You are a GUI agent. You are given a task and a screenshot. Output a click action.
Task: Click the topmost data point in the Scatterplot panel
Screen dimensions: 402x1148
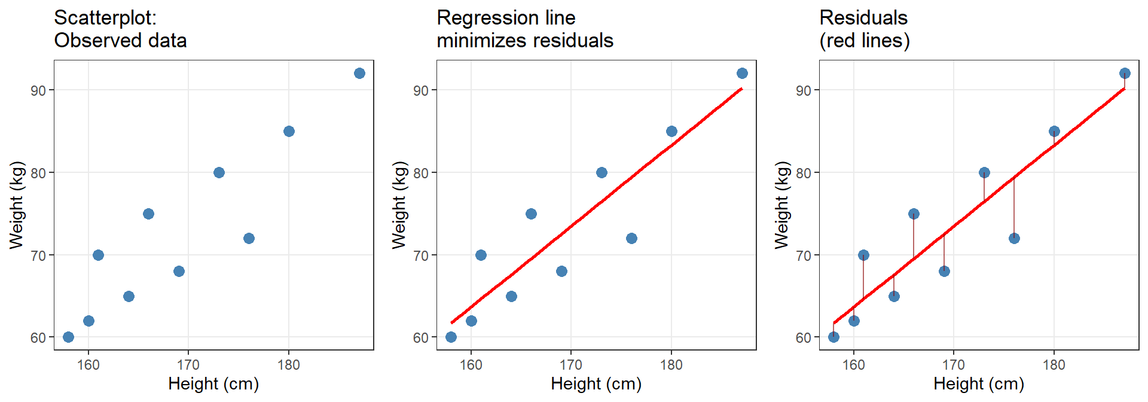(x=359, y=74)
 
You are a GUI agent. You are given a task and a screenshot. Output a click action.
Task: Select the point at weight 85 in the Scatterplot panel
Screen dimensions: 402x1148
(x=289, y=131)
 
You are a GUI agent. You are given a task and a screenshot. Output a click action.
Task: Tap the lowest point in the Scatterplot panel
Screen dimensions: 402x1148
(x=68, y=337)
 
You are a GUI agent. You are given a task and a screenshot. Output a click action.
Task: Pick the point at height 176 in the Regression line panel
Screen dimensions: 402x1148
(x=631, y=238)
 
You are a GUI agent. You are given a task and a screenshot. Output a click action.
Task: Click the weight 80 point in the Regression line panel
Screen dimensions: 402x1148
(x=602, y=172)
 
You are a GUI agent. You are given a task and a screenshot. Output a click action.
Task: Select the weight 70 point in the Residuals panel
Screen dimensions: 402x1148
(x=863, y=255)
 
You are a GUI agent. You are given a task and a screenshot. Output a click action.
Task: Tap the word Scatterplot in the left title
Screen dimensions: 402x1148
(x=105, y=18)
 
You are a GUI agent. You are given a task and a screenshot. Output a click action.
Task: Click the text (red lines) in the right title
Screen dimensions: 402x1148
(x=865, y=41)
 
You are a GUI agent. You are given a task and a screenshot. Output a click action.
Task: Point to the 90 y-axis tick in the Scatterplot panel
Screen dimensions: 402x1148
(x=38, y=90)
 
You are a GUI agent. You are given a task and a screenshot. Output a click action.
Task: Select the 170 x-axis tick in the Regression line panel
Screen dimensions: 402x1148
(x=571, y=365)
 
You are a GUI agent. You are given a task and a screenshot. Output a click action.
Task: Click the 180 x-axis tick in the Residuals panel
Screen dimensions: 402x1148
(x=1054, y=365)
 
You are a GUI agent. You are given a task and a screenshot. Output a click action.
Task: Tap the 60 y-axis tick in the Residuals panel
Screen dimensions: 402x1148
(x=804, y=337)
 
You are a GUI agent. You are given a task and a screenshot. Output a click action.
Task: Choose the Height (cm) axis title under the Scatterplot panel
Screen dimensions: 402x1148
(x=213, y=383)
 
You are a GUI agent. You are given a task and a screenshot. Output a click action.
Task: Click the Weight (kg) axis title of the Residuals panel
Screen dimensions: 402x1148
(x=781, y=205)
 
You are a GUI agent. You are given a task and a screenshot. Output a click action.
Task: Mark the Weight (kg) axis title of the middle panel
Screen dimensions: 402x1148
(x=399, y=205)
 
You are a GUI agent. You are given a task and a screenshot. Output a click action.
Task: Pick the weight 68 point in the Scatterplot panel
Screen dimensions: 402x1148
(x=179, y=271)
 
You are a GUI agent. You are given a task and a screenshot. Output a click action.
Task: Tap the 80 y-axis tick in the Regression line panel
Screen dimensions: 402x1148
(x=421, y=173)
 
